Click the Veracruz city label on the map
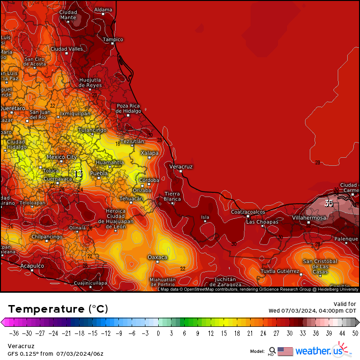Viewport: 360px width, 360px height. click(x=181, y=167)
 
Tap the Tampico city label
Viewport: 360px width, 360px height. click(x=113, y=40)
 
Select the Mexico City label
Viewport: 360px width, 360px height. click(x=62, y=157)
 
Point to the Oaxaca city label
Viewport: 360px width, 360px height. click(x=158, y=257)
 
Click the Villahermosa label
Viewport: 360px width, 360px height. click(x=308, y=218)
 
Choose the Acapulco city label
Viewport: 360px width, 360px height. click(x=32, y=266)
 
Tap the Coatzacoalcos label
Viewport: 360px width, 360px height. click(x=248, y=212)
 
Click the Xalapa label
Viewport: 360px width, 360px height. click(x=150, y=153)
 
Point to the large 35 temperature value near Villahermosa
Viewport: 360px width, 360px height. click(x=329, y=203)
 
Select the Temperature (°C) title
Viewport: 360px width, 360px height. click(x=58, y=309)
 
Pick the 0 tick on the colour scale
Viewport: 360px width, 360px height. click(x=158, y=333)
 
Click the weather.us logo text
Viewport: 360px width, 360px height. click(x=318, y=351)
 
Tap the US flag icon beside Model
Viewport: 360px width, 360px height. click(x=285, y=351)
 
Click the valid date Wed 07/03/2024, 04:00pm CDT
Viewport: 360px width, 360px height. click(x=312, y=311)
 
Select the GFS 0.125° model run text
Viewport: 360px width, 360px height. click(x=55, y=353)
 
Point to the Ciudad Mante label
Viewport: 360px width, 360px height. click(x=68, y=15)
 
